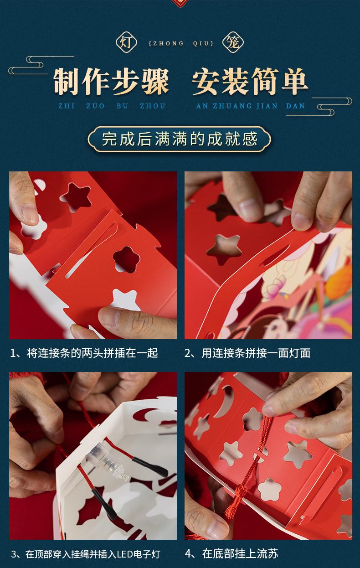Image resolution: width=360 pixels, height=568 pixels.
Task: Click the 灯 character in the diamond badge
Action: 126,42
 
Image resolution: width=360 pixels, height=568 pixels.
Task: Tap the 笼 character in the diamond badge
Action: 233,42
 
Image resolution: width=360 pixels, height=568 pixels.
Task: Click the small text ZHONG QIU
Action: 181,44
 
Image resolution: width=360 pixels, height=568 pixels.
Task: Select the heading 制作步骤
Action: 111,82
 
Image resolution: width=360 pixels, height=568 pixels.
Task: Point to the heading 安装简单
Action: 250,82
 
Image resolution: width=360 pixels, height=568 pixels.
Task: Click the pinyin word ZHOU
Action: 153,106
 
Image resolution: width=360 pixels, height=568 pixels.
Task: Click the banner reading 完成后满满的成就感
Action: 180,139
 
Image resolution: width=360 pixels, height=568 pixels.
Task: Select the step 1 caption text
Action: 84,353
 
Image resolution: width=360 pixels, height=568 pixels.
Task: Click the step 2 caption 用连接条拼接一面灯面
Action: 248,353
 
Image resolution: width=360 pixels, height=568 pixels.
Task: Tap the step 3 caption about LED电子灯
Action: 85,554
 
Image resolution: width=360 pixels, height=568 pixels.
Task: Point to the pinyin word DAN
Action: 296,106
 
